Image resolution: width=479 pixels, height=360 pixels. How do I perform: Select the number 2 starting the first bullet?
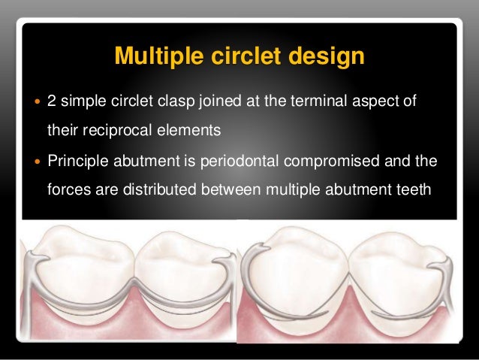pyautogui.click(x=51, y=101)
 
